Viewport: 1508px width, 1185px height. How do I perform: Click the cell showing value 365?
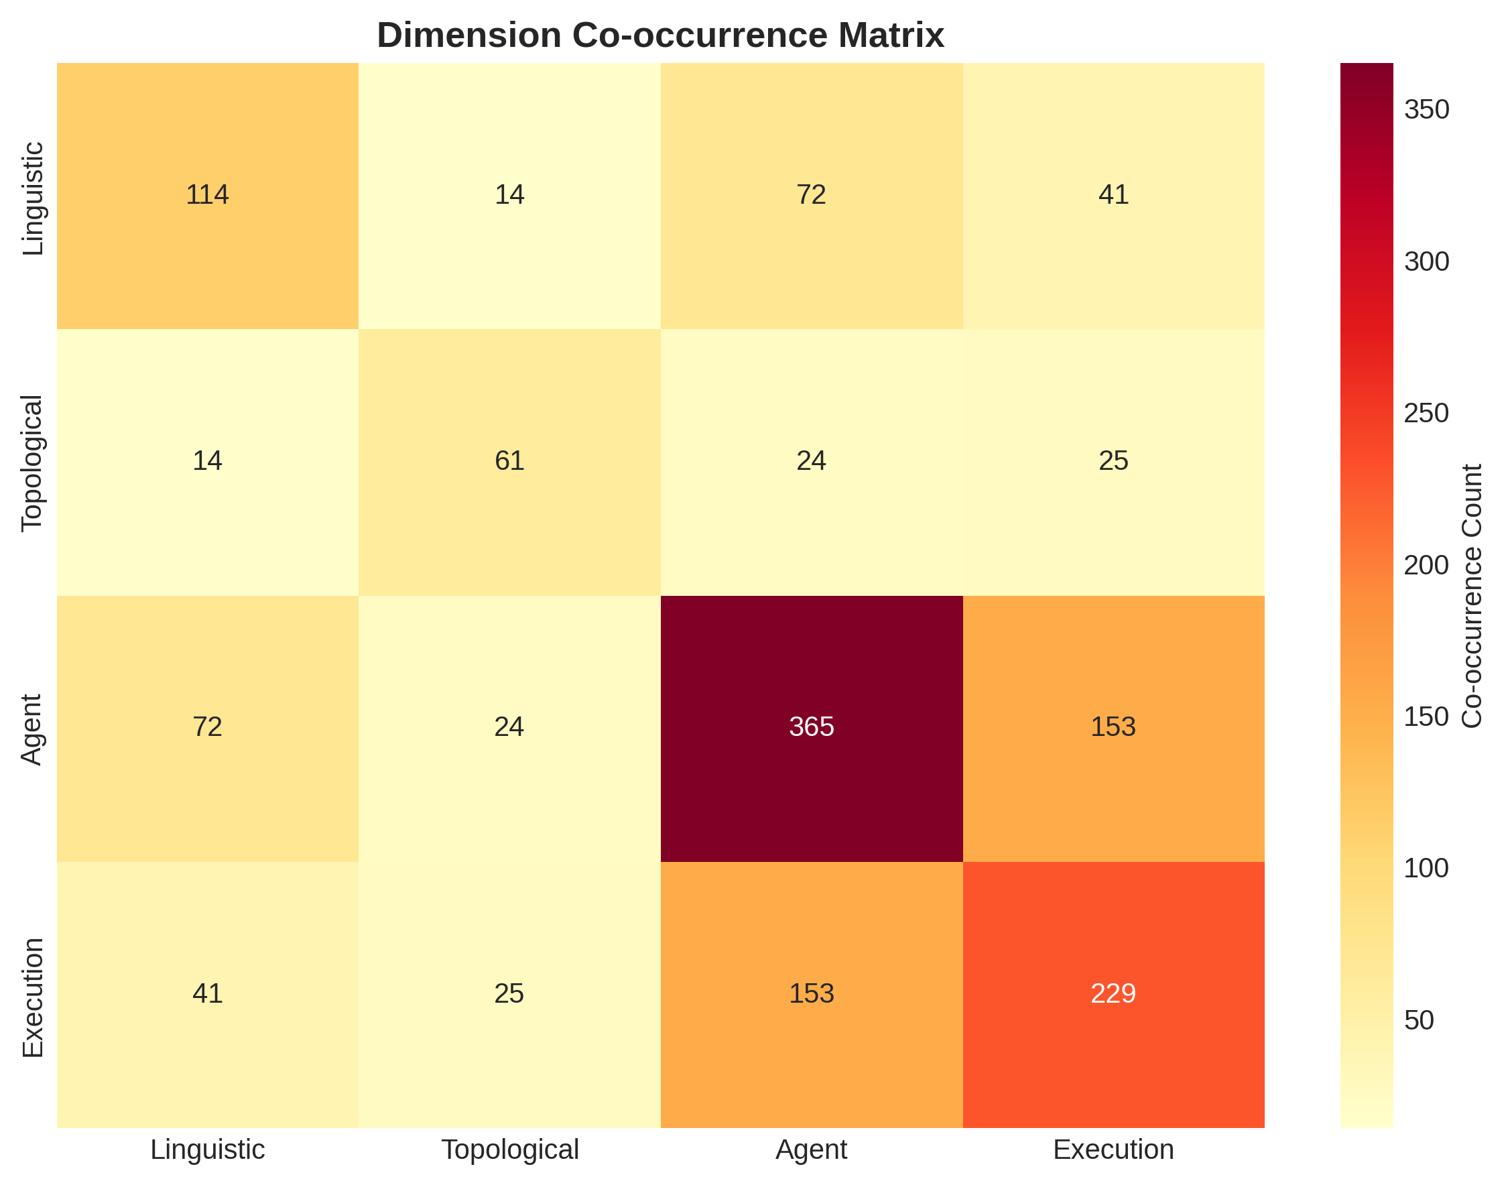click(x=811, y=728)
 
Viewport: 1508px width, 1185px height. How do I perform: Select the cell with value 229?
click(x=1113, y=994)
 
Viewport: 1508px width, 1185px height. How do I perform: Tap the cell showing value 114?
click(x=207, y=195)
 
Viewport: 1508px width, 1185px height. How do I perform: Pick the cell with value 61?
click(x=509, y=461)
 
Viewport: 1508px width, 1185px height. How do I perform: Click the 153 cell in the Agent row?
click(x=1113, y=728)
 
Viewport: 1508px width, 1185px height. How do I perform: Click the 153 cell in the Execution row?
click(x=811, y=994)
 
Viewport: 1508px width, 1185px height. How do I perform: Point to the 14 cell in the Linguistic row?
click(x=509, y=195)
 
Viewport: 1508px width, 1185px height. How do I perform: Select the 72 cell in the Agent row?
click(x=207, y=728)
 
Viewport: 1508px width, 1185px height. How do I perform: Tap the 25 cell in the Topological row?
click(x=1113, y=461)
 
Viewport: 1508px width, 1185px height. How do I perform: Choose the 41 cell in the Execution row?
click(x=207, y=994)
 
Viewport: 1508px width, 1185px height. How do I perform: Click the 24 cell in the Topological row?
click(x=811, y=461)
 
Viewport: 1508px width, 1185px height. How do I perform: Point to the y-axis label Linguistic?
click(x=33, y=199)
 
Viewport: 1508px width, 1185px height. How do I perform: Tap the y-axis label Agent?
click(x=33, y=729)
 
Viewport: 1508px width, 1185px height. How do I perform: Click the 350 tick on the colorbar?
click(x=1426, y=110)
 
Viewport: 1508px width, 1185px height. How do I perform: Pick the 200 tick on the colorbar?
click(x=1426, y=566)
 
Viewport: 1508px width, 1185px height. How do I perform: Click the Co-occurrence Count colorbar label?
click(x=1472, y=596)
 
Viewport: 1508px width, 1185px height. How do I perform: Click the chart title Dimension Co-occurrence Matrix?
click(x=659, y=36)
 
